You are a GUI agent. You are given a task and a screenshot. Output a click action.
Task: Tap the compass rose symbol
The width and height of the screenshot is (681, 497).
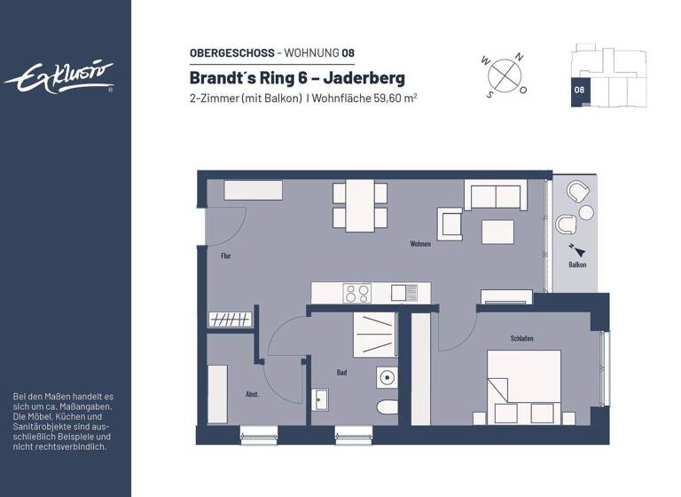[504, 74]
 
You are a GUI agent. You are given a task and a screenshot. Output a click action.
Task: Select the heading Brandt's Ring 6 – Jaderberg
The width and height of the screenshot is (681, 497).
[297, 77]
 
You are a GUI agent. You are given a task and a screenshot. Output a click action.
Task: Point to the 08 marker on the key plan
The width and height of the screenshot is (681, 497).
[578, 90]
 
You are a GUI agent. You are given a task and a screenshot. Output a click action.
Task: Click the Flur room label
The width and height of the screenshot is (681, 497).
[226, 256]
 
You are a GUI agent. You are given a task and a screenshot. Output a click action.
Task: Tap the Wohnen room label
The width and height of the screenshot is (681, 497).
[419, 243]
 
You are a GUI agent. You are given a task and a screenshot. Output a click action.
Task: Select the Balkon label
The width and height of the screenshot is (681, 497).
[576, 264]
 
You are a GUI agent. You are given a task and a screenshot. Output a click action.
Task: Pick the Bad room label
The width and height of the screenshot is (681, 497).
[341, 373]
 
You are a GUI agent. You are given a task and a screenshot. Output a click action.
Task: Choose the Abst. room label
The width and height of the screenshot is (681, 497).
[252, 393]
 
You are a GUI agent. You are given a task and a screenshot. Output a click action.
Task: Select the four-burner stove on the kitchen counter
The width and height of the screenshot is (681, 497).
[357, 292]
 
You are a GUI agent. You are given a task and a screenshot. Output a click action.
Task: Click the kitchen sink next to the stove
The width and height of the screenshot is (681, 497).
[404, 292]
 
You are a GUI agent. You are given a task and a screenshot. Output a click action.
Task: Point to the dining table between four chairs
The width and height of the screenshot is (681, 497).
[360, 205]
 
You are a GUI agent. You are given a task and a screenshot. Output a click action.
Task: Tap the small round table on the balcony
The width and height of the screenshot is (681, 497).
[587, 212]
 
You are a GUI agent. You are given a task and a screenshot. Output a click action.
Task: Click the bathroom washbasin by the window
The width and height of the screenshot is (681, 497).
[320, 399]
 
